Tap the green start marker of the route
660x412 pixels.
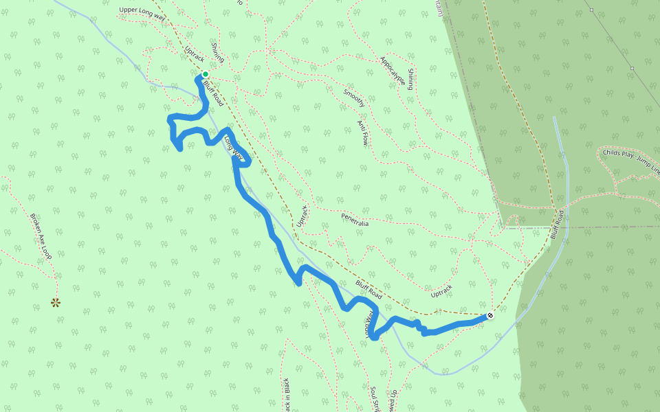tap(205, 74)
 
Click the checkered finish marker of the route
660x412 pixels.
tap(490, 316)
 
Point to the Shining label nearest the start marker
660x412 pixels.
tap(217, 53)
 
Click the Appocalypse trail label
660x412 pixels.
tap(393, 70)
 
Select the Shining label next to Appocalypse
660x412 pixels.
tap(410, 80)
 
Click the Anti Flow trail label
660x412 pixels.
tap(363, 133)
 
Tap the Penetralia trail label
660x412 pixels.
tap(355, 220)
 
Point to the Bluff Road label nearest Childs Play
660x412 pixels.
tap(559, 223)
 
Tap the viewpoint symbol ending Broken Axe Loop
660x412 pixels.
tap(56, 302)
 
